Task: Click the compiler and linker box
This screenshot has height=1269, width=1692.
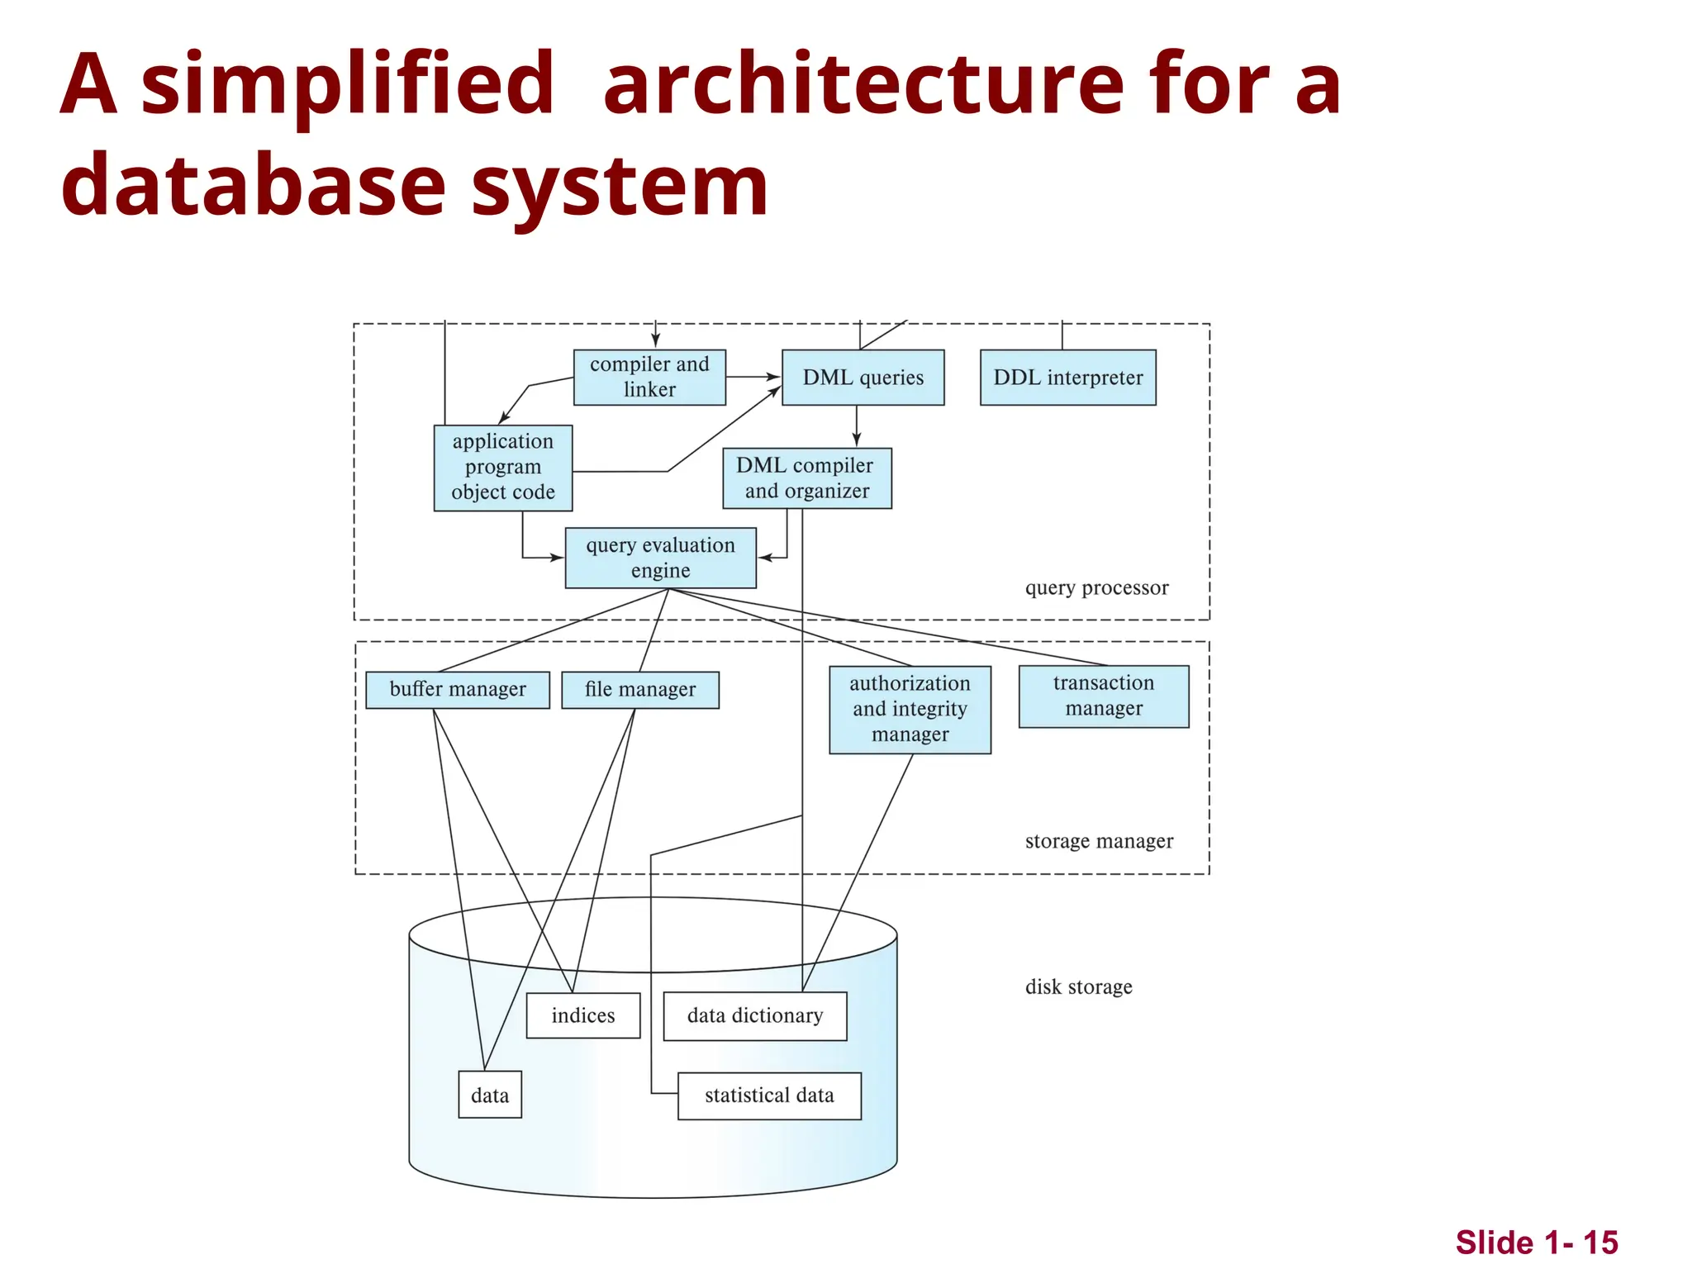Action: point(649,377)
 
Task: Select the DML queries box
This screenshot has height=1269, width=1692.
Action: point(863,378)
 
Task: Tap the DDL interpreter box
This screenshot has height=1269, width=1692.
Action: point(1067,378)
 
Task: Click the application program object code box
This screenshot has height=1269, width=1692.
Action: point(502,467)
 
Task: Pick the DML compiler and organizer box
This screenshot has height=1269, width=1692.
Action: point(806,478)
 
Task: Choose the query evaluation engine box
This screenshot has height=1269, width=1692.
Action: point(660,558)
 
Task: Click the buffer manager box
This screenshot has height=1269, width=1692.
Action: point(457,689)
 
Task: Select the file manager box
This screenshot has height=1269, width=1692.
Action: point(639,689)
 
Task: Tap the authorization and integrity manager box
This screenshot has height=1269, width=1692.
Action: point(910,709)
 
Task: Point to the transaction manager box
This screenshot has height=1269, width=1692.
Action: point(1103,696)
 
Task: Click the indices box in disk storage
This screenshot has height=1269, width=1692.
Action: point(582,1015)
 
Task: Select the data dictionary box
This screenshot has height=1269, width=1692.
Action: point(754,1015)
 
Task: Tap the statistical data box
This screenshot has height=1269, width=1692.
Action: point(768,1096)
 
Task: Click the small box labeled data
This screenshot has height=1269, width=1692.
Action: point(489,1096)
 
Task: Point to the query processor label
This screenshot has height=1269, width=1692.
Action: point(1096,587)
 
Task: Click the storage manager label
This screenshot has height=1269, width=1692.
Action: point(1099,841)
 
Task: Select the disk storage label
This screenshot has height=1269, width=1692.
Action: point(1078,986)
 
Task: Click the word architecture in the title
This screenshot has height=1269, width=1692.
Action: point(863,84)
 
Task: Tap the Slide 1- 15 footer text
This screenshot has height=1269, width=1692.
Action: point(1536,1243)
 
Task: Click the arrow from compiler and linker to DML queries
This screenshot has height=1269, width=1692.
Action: point(753,377)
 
